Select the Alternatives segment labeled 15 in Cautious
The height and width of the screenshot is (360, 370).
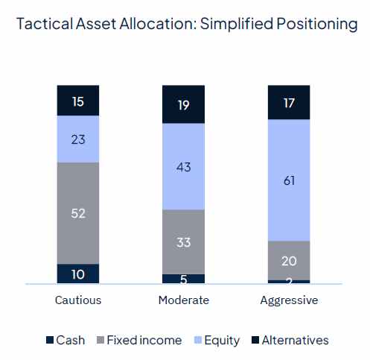tap(78, 101)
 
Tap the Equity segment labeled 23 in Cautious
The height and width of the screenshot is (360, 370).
tap(78, 139)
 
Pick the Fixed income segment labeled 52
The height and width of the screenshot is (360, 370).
tap(78, 213)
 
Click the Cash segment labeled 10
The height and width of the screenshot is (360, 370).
tap(78, 274)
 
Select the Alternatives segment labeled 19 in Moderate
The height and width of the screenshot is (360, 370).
tap(183, 104)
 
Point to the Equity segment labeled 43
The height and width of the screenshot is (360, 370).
tap(183, 166)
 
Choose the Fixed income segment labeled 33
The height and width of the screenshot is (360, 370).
tap(183, 241)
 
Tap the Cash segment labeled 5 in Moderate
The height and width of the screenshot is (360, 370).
tap(183, 279)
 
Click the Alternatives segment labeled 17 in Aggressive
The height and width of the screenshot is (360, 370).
tap(289, 102)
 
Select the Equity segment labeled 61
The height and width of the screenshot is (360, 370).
tap(289, 180)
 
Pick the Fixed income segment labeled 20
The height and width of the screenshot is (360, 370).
tap(289, 260)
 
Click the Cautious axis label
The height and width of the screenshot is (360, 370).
tap(78, 300)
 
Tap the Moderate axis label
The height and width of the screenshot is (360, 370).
tap(183, 300)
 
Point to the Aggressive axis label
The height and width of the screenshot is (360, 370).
tap(289, 300)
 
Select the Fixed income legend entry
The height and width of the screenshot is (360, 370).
tap(137, 340)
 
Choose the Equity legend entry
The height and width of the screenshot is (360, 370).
tap(216, 340)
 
